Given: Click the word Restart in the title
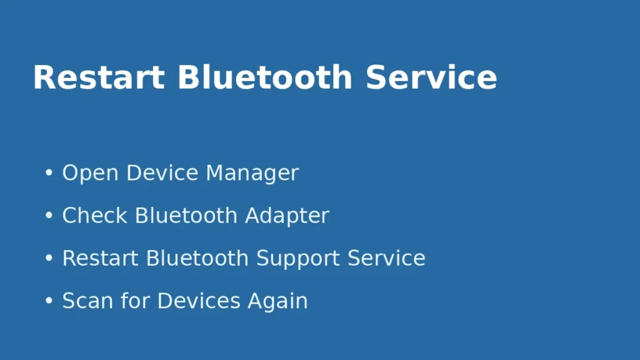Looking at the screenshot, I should [x=99, y=78].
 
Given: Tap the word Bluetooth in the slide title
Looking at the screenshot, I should [x=265, y=78].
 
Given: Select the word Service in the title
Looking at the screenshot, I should [x=431, y=78].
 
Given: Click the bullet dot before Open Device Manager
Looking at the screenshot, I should [x=49, y=173].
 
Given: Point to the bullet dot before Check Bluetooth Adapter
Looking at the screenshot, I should [x=49, y=216].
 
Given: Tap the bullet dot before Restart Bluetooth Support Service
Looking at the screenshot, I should [x=49, y=258].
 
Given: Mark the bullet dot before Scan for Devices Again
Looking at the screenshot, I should [x=49, y=301].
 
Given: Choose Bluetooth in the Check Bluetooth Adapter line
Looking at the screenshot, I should [x=186, y=216].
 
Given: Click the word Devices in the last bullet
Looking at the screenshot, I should [x=199, y=301].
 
